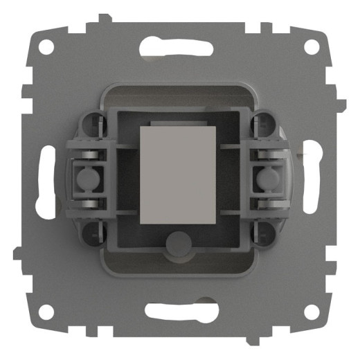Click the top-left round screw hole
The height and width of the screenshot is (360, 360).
point(46,47)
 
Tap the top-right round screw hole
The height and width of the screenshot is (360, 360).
point(312,47)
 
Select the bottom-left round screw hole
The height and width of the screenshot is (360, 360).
point(46,312)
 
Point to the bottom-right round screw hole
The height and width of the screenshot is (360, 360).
point(312,312)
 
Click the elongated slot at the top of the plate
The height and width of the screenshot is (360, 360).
point(179,47)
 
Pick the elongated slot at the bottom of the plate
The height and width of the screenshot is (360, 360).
point(179,313)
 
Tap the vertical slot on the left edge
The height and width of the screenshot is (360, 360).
point(46,180)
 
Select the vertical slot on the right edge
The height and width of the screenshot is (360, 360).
point(313,180)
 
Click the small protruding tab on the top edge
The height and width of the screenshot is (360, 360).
point(103,19)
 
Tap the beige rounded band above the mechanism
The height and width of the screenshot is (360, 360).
point(179,91)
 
